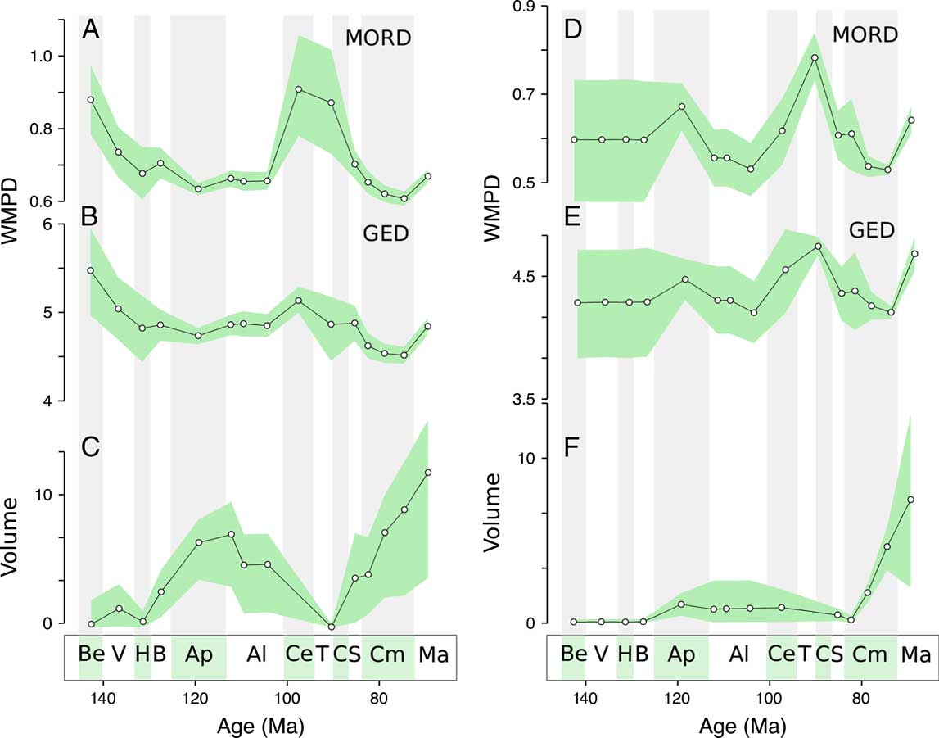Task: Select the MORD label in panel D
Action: tap(865, 35)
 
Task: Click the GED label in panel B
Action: tap(385, 234)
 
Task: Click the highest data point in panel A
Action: tap(299, 89)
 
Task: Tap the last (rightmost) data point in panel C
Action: tap(428, 473)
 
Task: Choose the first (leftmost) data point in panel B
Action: tap(91, 270)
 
